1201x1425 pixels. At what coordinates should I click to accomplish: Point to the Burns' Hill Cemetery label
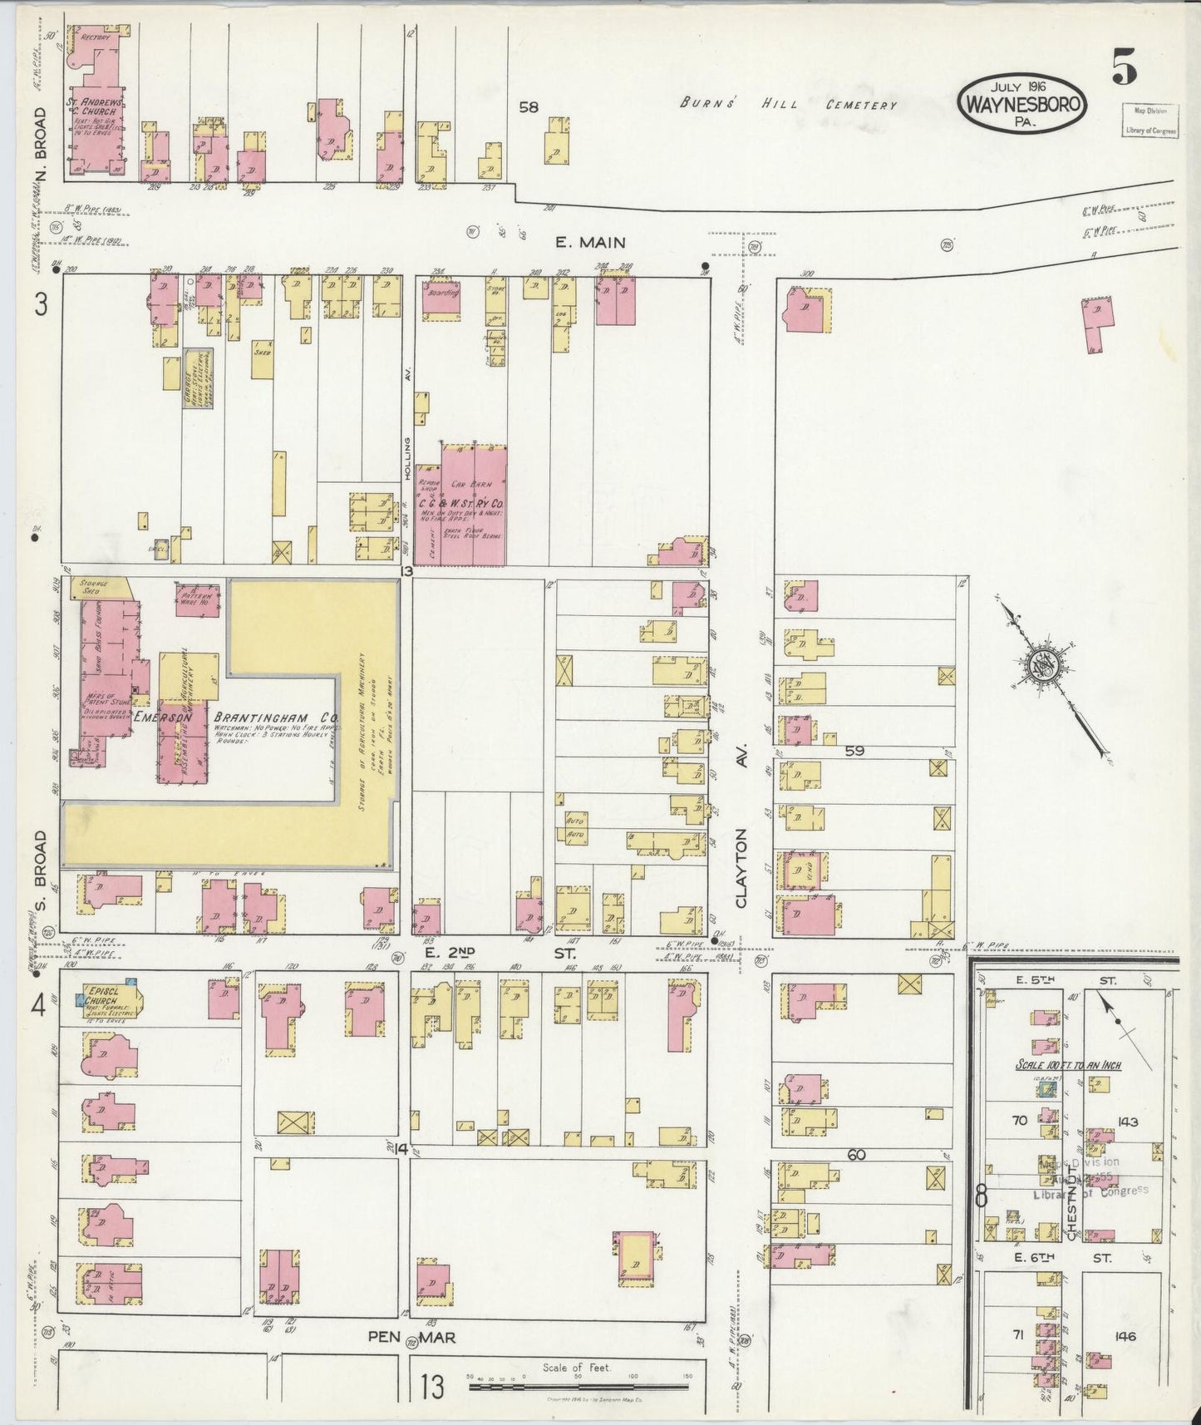[x=788, y=105]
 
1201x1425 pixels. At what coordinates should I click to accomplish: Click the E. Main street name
[x=590, y=242]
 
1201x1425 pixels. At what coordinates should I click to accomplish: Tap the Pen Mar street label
[x=414, y=1336]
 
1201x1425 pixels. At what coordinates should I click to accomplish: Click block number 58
[x=529, y=106]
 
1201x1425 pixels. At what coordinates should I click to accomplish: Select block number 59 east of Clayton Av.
[x=854, y=751]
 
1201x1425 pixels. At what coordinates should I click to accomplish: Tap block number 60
[x=856, y=1155]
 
